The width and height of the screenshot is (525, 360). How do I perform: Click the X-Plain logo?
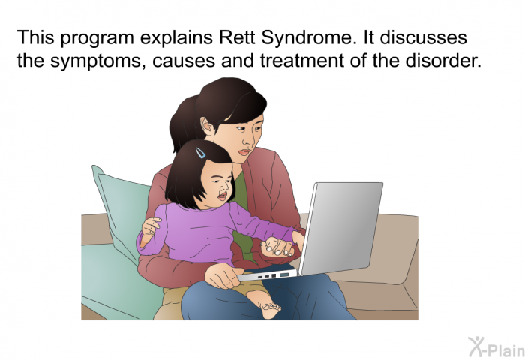496,347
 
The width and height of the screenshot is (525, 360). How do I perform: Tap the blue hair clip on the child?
200,153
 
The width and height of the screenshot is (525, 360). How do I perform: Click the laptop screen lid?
340,228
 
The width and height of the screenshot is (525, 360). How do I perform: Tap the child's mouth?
222,195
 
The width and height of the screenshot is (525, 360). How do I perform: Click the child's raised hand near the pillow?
151,226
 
